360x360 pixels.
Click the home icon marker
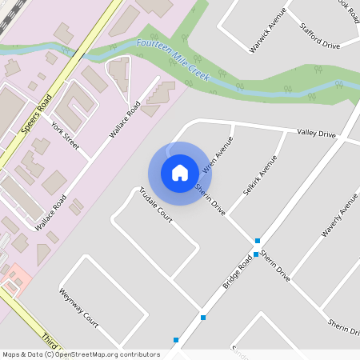[x=180, y=173]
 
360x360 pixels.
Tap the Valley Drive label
[x=316, y=133]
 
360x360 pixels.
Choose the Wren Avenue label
[x=216, y=155]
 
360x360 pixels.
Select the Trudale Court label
[x=156, y=203]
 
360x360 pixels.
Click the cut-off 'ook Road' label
[x=342, y=6]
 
